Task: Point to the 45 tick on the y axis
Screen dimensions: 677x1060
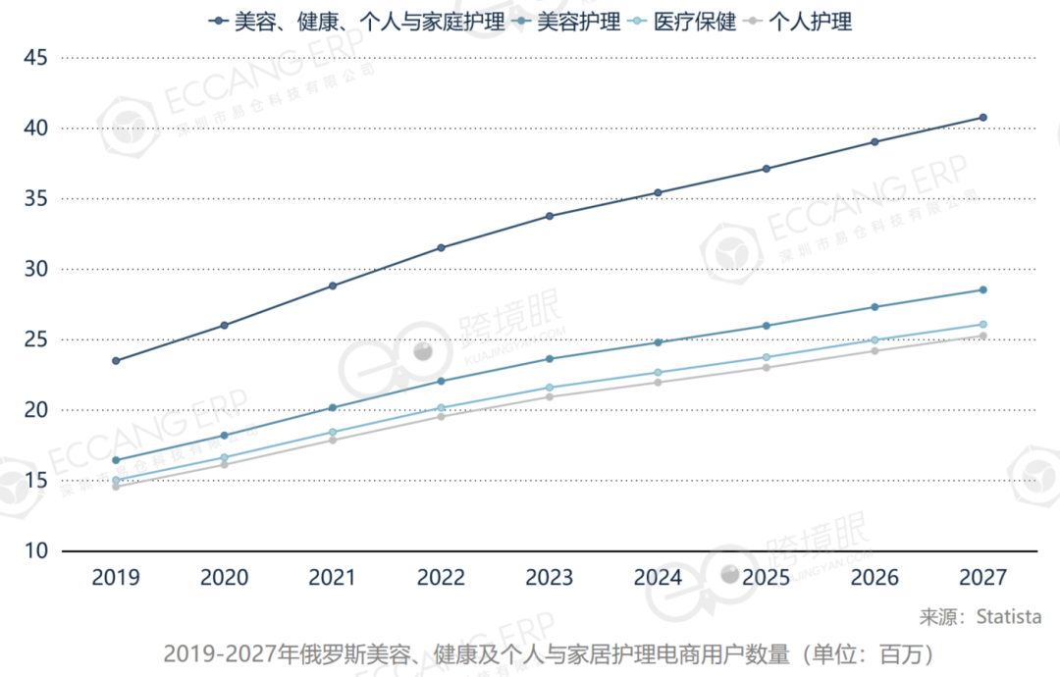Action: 35,58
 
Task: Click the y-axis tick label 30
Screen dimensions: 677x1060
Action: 35,269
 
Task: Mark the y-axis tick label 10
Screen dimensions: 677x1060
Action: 35,551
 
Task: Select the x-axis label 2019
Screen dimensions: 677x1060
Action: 116,578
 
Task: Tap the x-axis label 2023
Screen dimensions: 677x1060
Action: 550,578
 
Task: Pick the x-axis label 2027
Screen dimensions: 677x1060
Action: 982,578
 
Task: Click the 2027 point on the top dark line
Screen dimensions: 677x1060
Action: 982,118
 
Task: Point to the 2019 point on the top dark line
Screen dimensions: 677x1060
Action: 116,361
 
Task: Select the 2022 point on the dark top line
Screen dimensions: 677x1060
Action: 441,247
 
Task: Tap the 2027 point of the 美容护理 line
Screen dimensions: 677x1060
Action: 982,289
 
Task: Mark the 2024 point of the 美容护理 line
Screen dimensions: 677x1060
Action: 658,342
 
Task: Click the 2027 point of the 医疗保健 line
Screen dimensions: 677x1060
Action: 982,325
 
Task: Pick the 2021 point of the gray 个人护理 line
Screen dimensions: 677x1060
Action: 333,440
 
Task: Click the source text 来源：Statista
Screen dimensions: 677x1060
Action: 980,617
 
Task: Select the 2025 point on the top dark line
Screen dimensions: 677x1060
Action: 766,169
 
